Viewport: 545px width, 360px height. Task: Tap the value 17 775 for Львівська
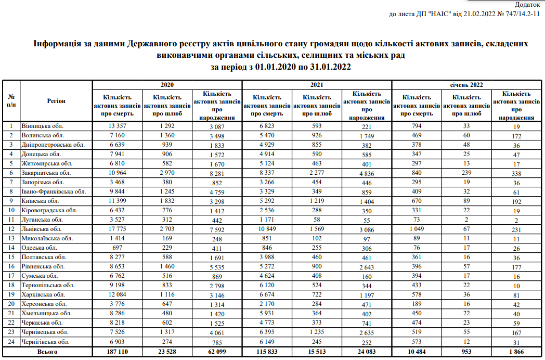[x=117, y=229]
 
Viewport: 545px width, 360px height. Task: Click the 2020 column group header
[x=167, y=84]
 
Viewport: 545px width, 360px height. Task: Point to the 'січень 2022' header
[x=466, y=84]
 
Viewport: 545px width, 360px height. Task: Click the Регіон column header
[x=56, y=101]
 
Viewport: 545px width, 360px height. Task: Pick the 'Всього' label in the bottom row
[x=47, y=352]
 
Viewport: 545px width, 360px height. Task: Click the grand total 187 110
[x=117, y=352]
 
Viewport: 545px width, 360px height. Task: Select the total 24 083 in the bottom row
[x=367, y=352]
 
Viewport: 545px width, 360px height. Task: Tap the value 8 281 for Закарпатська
[x=217, y=173]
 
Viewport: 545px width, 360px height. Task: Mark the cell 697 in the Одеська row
[x=117, y=248]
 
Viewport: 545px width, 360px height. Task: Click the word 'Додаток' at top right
[x=527, y=5]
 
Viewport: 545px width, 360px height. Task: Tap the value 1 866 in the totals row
[x=516, y=352]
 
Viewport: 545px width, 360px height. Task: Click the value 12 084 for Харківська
[x=117, y=294]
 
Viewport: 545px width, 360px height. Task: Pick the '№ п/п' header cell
[x=11, y=101]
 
